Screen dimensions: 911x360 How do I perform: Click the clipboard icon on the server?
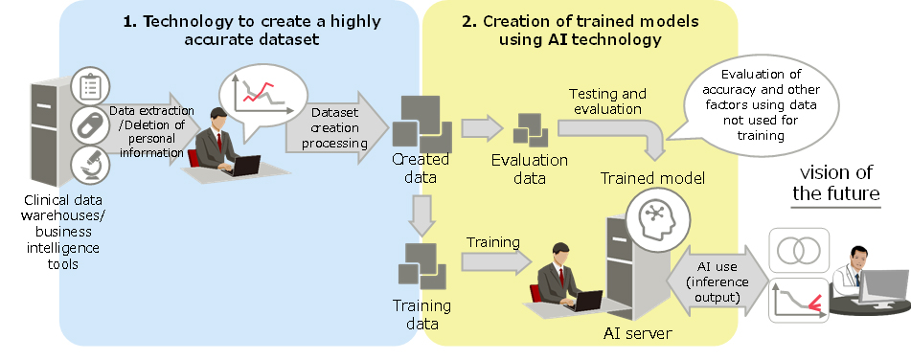89,86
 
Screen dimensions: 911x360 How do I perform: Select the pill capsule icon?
89,124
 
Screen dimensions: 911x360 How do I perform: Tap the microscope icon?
89,165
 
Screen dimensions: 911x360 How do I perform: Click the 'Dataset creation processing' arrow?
337,127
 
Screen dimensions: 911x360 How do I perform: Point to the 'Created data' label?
421,168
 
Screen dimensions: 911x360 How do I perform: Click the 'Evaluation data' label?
530,169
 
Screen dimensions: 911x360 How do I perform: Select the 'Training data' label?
421,314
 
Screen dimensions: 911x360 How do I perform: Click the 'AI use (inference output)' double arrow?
717,282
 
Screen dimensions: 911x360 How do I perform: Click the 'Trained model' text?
652,178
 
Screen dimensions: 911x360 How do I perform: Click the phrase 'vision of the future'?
836,183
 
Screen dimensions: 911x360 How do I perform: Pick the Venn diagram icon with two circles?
799,250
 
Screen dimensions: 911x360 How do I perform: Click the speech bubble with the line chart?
262,99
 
